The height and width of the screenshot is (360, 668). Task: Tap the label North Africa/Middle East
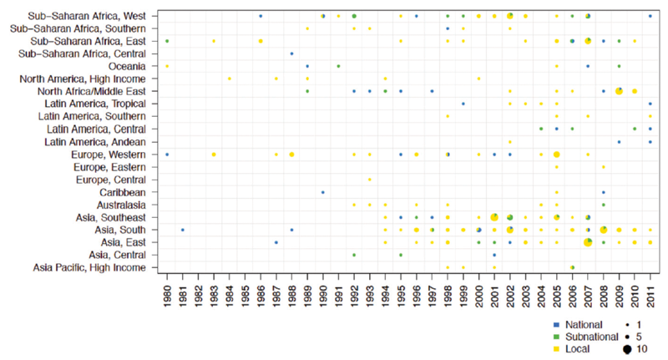tap(94, 91)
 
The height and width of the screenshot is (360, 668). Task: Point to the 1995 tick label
tap(401, 295)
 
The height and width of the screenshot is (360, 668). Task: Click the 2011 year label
tap(650, 295)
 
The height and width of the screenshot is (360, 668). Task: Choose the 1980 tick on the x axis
tap(167, 295)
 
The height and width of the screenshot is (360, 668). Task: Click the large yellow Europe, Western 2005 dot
tap(556, 154)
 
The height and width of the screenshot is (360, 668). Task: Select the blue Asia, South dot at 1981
tap(183, 229)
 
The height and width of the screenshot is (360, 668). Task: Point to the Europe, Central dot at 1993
tap(370, 179)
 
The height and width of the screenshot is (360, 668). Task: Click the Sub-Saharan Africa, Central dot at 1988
tap(291, 53)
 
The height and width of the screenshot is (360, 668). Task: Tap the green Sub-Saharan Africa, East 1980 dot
tap(167, 41)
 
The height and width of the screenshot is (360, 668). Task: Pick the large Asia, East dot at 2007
tap(588, 241)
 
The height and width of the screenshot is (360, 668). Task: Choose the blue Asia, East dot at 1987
tap(276, 241)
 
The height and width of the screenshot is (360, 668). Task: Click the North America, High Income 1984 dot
tap(230, 79)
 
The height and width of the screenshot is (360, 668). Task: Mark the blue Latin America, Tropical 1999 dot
tap(463, 104)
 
